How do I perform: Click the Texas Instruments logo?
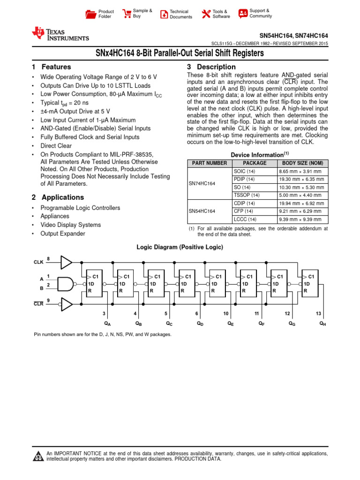(x=60, y=34)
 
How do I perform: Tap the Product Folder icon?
(x=91, y=14)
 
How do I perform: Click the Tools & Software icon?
(x=206, y=14)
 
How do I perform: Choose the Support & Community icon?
(x=243, y=13)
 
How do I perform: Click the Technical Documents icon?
(x=164, y=14)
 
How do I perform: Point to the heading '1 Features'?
(x=51, y=67)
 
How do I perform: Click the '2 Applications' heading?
(x=58, y=197)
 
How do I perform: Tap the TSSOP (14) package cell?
(x=246, y=195)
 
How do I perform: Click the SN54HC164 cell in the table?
(x=202, y=211)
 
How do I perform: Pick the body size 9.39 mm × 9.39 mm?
(x=300, y=219)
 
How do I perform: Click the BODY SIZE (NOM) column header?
(x=301, y=163)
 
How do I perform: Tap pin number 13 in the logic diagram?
(x=319, y=313)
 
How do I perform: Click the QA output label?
(x=107, y=324)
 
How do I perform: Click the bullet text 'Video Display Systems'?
(x=70, y=225)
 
